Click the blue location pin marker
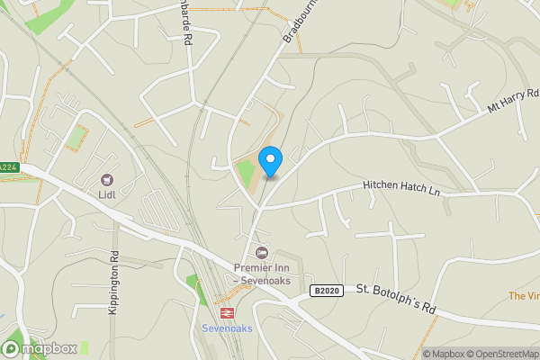270,161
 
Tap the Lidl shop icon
108,181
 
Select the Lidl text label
108,195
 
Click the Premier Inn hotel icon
262,253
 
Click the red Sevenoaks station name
229,328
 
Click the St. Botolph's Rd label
395,300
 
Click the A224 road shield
7,167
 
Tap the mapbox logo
39,348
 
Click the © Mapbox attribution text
444,354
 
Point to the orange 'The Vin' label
524,296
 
